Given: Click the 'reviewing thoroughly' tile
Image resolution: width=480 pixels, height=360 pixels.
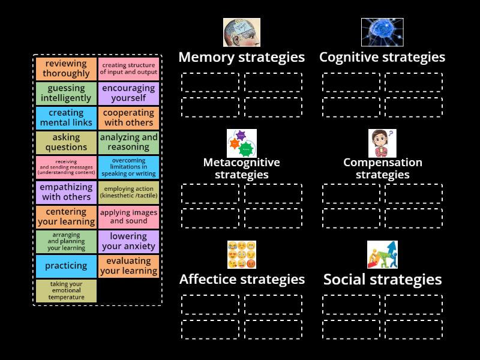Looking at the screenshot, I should tap(66, 69).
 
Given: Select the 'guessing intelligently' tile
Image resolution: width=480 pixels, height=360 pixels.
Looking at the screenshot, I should tap(66, 94).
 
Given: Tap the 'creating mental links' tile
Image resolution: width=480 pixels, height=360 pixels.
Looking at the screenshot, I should tap(66, 118).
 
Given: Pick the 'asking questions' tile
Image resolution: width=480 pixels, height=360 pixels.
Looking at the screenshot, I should tap(66, 143).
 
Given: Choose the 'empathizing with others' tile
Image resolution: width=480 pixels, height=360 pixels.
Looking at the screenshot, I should tap(66, 192).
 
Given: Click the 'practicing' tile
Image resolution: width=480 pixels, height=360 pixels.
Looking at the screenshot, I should tap(66, 266).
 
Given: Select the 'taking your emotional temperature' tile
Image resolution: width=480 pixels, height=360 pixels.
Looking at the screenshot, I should tap(66, 290).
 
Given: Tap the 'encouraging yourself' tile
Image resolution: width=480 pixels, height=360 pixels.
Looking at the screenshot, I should tap(128, 94).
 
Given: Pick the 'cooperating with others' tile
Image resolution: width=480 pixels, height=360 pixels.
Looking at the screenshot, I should tap(128, 118).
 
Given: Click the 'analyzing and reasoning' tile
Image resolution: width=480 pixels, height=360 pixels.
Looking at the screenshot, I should tap(128, 143).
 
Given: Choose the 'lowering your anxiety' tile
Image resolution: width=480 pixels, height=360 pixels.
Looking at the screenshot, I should tap(128, 241).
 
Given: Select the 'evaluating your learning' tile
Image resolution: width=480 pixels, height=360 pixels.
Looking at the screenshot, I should tap(128, 266).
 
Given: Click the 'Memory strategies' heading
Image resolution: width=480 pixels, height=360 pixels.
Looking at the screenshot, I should tap(241, 58).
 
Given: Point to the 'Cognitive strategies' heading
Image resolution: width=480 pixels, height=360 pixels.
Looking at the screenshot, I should tap(382, 58).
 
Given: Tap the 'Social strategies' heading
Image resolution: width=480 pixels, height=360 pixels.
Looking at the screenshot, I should tap(382, 280).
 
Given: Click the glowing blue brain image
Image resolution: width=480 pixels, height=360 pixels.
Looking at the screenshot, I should tap(382, 32).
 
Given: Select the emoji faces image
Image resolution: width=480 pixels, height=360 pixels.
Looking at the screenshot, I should tap(241, 254).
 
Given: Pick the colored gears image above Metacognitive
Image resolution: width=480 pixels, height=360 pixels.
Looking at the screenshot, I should tap(241, 143).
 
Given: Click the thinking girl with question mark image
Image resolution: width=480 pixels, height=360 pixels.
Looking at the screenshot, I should tap(382, 143).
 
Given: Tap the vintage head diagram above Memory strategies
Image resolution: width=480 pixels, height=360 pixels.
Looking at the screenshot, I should tap(241, 32).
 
